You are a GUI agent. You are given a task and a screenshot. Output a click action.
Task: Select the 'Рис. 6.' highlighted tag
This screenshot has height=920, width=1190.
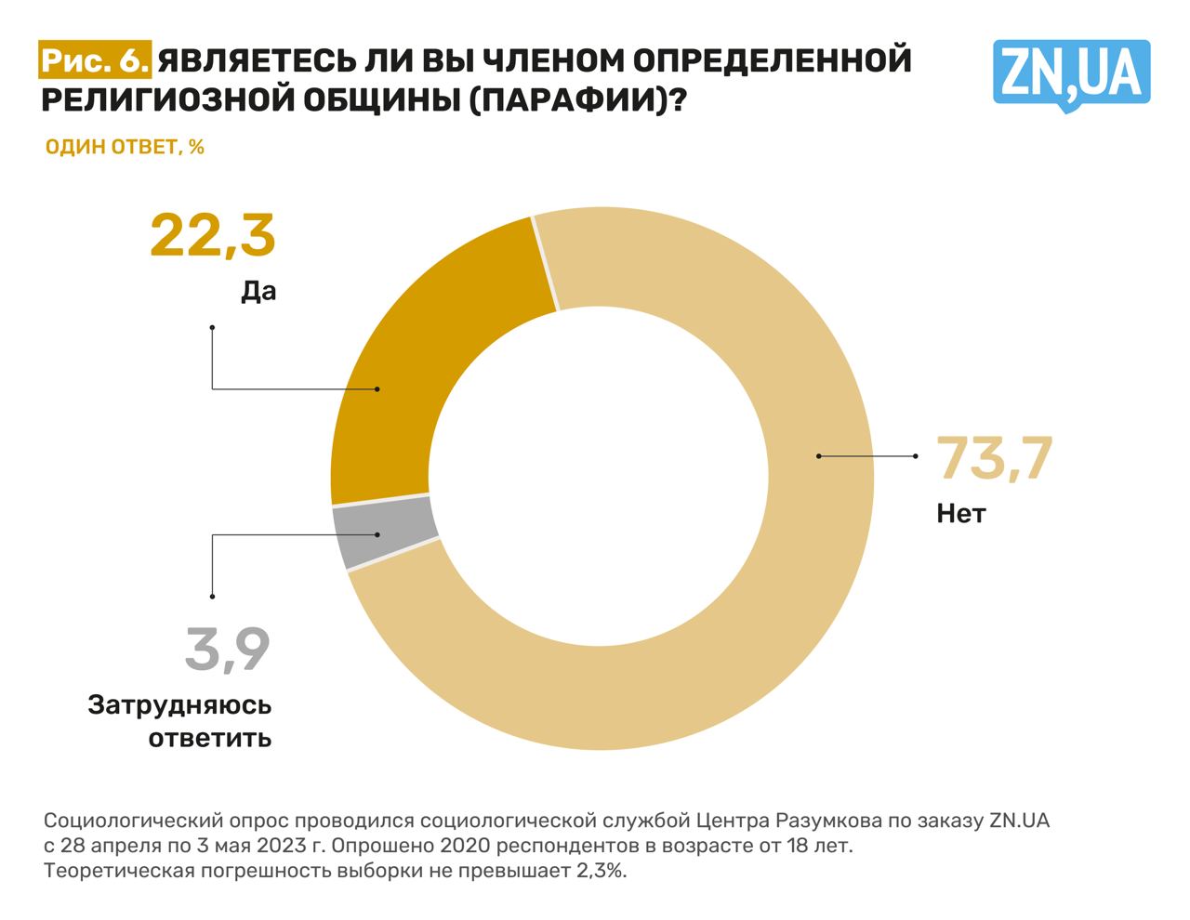click(x=95, y=61)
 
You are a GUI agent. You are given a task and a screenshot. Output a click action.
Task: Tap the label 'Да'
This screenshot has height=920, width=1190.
click(x=258, y=292)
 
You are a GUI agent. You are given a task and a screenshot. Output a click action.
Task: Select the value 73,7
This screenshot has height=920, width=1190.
click(x=994, y=459)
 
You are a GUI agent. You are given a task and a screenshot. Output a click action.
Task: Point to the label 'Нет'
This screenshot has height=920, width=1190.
click(x=960, y=513)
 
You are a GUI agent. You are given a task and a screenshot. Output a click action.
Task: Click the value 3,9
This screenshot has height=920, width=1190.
click(x=228, y=650)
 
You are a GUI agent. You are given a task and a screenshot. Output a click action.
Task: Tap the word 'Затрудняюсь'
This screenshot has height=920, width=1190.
click(x=179, y=705)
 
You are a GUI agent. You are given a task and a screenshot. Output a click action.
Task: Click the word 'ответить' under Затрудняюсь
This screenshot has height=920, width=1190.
click(x=210, y=739)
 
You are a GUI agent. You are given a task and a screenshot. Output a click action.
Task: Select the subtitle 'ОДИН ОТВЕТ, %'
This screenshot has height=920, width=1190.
click(x=125, y=147)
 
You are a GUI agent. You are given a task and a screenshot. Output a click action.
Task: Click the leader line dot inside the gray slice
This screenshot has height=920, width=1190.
click(x=377, y=534)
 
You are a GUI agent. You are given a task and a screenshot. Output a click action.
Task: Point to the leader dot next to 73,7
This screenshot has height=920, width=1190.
click(x=915, y=456)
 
